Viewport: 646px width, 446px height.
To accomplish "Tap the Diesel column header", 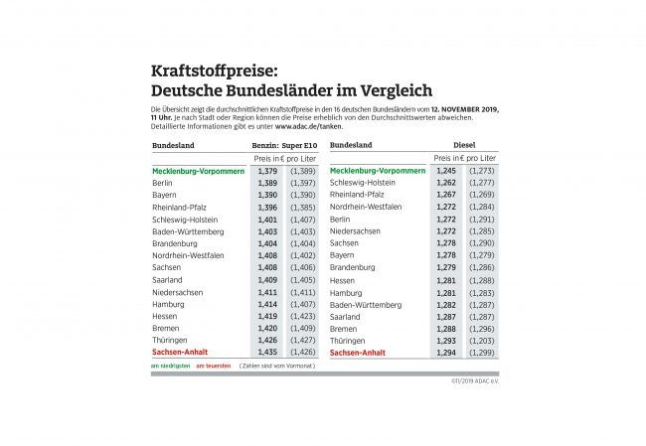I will [x=452, y=145].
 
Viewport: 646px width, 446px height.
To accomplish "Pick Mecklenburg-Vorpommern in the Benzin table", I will [x=199, y=171].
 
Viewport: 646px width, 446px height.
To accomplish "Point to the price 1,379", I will [x=266, y=171].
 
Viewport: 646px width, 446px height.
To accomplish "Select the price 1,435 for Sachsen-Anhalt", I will [x=266, y=353].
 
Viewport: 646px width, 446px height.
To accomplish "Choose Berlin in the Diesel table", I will [x=340, y=219].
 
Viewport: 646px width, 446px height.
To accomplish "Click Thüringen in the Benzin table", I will [x=172, y=341].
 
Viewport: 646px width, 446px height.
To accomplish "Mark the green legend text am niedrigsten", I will [x=169, y=367].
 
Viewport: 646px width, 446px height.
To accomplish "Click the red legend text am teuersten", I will [x=213, y=367].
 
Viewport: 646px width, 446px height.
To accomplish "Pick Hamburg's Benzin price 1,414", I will [x=266, y=304].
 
